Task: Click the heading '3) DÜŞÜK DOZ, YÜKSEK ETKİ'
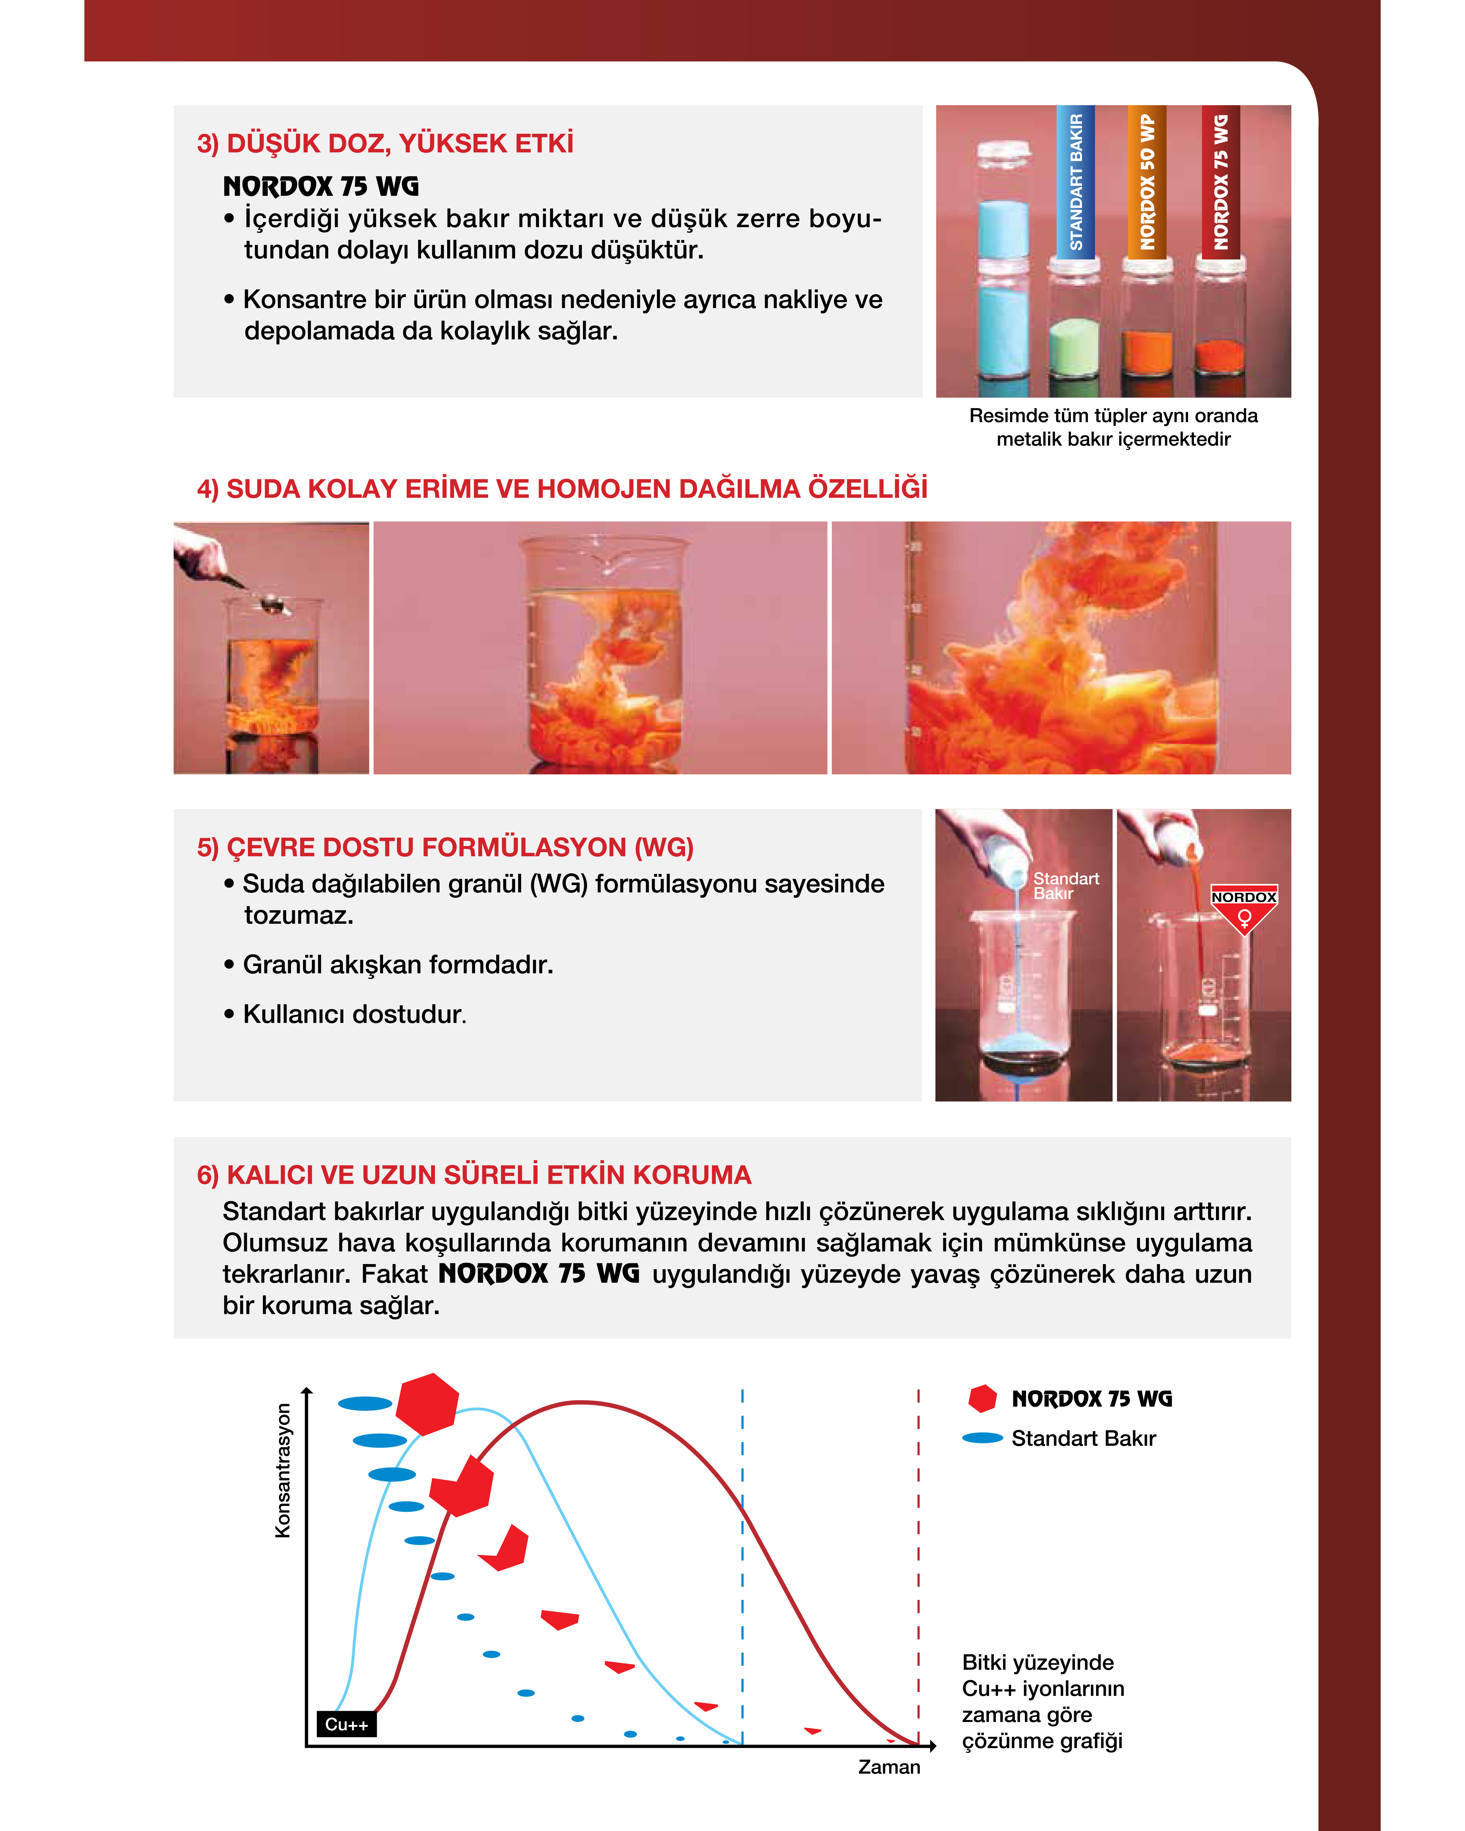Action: (x=385, y=143)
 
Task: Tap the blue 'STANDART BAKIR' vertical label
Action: (x=1075, y=181)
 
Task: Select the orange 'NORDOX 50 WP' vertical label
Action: (x=1146, y=181)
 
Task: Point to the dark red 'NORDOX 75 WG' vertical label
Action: (x=1220, y=181)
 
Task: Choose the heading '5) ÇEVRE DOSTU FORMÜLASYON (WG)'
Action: (x=445, y=848)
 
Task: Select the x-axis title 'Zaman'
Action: (x=889, y=1767)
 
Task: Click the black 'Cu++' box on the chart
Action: (x=346, y=1724)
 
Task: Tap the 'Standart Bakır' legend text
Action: (x=1084, y=1439)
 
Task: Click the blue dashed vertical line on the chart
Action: (x=742, y=1567)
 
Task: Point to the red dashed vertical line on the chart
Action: (x=918, y=1567)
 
